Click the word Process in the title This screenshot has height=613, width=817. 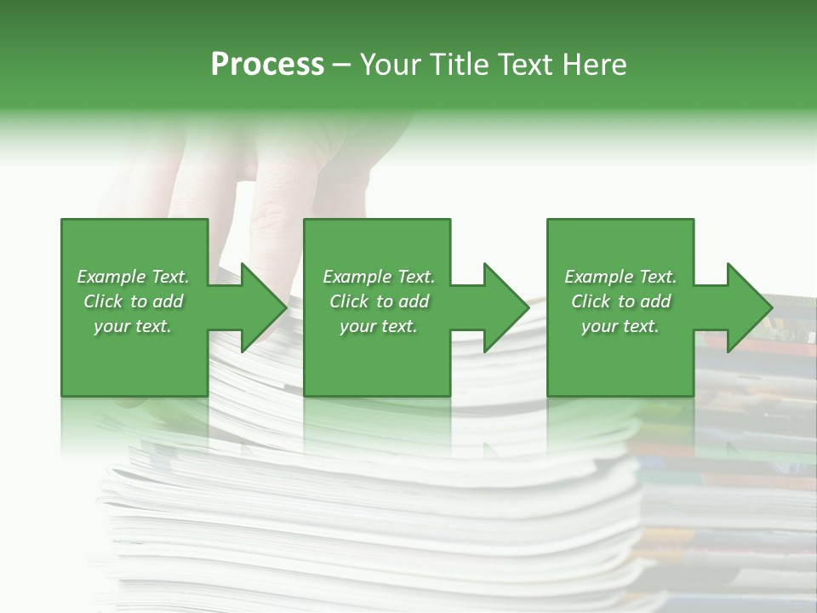pos(267,65)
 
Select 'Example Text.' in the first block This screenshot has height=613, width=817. pos(133,277)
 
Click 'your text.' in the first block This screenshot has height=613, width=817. pos(133,326)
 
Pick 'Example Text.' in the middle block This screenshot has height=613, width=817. pos(379,277)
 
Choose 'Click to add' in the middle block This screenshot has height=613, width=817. pos(379,301)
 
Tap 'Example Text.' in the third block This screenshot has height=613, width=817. pos(620,277)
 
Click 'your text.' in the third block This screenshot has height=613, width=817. pos(620,326)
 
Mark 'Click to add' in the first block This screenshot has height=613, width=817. pos(133,301)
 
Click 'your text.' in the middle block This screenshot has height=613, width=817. pos(379,326)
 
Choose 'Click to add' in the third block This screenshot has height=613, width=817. pos(620,301)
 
